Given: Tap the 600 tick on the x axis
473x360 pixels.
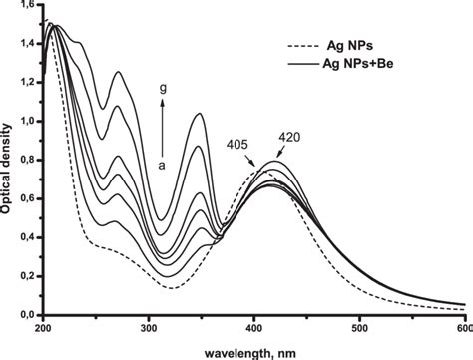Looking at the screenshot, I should point(461,326).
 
